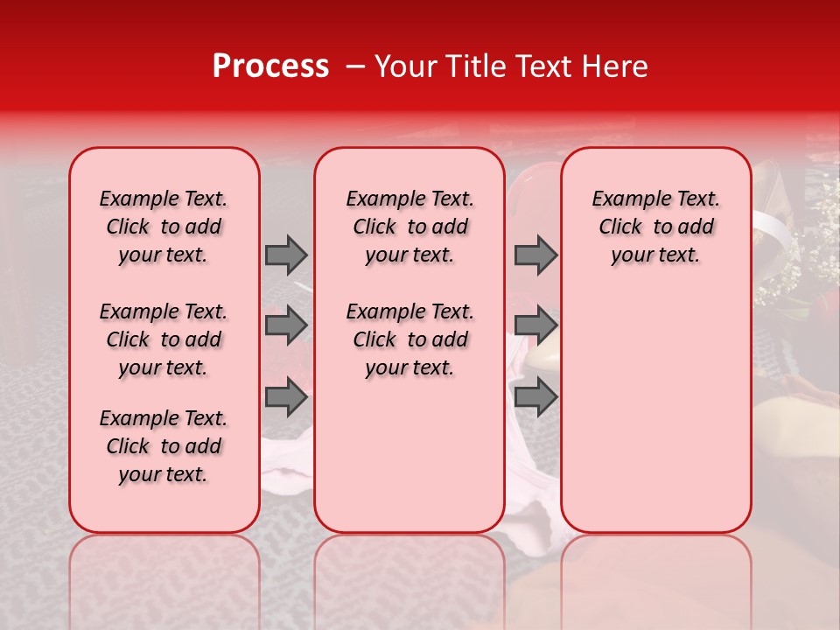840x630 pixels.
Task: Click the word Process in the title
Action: coord(269,66)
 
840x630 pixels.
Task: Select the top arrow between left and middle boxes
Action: coord(286,255)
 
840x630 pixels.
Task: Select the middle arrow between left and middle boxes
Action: coord(286,325)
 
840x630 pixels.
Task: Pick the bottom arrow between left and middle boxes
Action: coord(286,397)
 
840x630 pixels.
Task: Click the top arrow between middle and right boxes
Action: coord(535,255)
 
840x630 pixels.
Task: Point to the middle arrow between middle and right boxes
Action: coord(535,325)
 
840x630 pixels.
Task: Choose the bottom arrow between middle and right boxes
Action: coord(535,397)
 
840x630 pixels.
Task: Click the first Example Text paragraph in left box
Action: coord(164,227)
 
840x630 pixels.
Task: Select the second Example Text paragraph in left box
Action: coord(164,339)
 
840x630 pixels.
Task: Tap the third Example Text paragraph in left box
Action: coord(164,446)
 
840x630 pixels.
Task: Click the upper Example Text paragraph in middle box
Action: coord(409,227)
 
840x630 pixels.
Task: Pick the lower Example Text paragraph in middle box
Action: coord(409,339)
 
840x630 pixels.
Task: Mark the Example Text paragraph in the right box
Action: coord(655,227)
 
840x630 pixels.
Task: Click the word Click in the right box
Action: coord(620,227)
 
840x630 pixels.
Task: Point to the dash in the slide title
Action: coord(354,67)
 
